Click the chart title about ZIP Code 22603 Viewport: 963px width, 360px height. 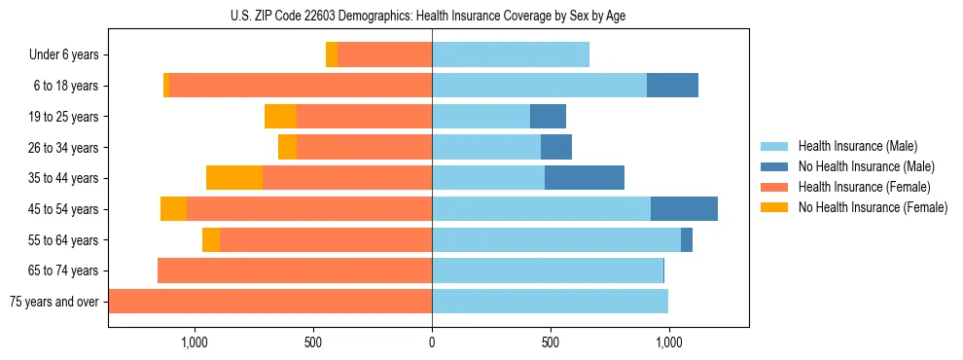click(433, 17)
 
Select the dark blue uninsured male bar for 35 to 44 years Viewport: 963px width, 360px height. click(584, 178)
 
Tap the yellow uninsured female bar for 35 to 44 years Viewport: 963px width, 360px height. click(234, 178)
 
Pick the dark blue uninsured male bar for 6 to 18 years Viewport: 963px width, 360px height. click(672, 86)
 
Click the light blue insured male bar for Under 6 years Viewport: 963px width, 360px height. click(511, 55)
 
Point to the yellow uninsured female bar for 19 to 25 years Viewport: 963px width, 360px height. click(280, 117)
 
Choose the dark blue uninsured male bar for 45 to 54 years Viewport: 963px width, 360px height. click(684, 209)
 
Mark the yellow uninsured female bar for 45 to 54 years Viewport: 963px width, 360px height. click(173, 209)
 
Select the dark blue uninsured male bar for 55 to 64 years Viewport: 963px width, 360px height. click(687, 239)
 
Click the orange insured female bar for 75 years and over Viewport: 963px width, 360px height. click(270, 302)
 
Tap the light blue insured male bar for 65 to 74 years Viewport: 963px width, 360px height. click(548, 270)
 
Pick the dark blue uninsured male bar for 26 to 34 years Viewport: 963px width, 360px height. click(556, 148)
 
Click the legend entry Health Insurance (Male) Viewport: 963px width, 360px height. click(857, 146)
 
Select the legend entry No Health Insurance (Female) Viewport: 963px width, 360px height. click(873, 207)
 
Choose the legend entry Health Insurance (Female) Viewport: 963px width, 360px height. click(864, 187)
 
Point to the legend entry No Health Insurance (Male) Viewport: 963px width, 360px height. click(866, 166)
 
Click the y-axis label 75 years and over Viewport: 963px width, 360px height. click(54, 302)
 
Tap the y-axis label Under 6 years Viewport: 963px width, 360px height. click(63, 55)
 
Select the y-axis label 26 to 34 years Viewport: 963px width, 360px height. click(63, 148)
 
